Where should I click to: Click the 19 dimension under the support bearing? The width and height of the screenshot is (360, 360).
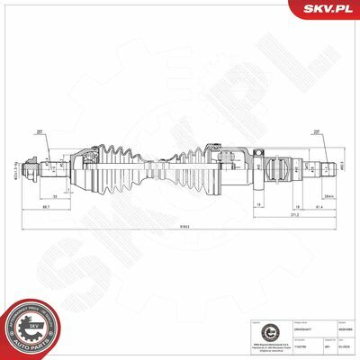[260, 206]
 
